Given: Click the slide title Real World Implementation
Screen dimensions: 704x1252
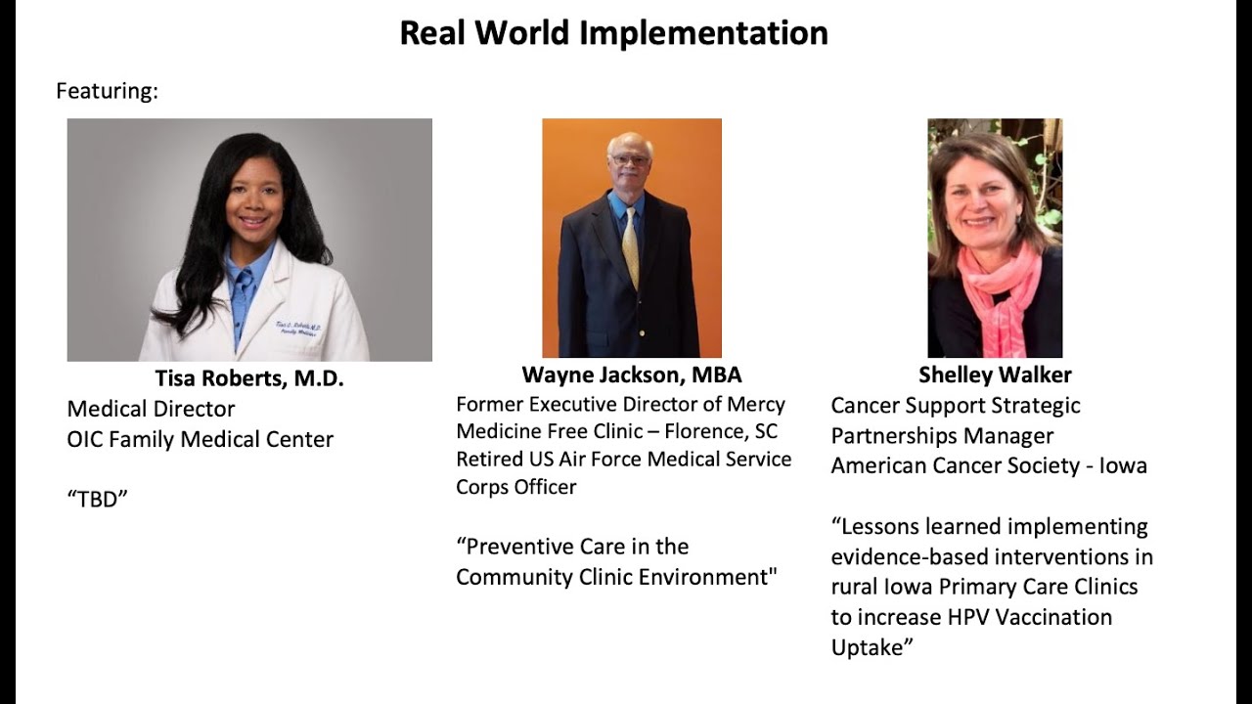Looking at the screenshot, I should [x=613, y=33].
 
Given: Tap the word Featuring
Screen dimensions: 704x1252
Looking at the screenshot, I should [x=107, y=91].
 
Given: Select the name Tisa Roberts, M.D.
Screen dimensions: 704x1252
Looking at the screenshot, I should [x=249, y=379].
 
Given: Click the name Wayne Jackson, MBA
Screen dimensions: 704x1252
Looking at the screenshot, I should [x=631, y=374].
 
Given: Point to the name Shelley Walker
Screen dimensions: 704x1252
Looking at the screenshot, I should [x=995, y=374].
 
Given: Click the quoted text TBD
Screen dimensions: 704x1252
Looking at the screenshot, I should [x=98, y=500].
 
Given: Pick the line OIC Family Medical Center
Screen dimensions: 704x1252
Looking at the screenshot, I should [x=201, y=440].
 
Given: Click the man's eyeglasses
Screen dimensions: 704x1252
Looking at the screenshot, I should [x=630, y=159].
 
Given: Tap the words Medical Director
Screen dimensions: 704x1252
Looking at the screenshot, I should [x=151, y=409].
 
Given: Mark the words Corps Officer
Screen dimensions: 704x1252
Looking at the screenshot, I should [x=516, y=487].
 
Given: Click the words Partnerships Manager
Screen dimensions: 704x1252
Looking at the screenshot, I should [x=942, y=435].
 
